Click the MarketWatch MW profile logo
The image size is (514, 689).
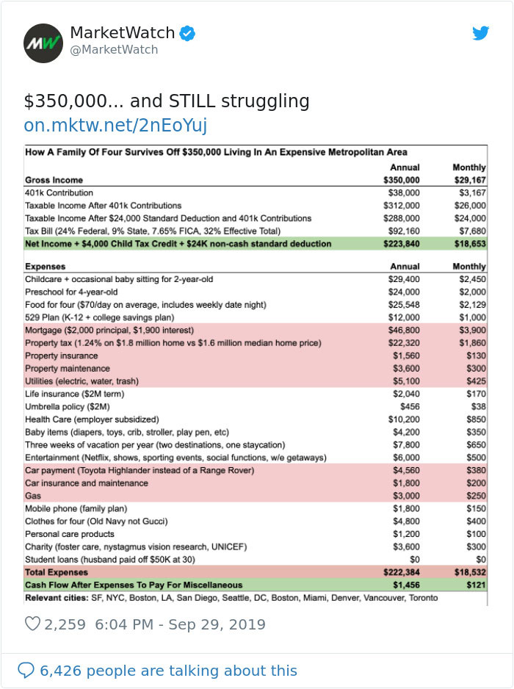pyautogui.click(x=43, y=43)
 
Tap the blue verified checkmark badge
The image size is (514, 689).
pyautogui.click(x=189, y=33)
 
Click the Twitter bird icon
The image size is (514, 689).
pyautogui.click(x=480, y=33)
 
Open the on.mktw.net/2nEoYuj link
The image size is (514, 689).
pyautogui.click(x=115, y=126)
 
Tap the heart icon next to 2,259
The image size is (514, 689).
pyautogui.click(x=32, y=624)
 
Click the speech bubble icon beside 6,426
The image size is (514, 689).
pyautogui.click(x=26, y=670)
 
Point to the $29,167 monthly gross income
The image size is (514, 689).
pyautogui.click(x=469, y=180)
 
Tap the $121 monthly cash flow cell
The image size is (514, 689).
pyautogui.click(x=477, y=585)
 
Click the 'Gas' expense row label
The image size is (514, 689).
pyautogui.click(x=34, y=496)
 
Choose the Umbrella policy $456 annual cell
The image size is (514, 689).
pyautogui.click(x=409, y=407)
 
